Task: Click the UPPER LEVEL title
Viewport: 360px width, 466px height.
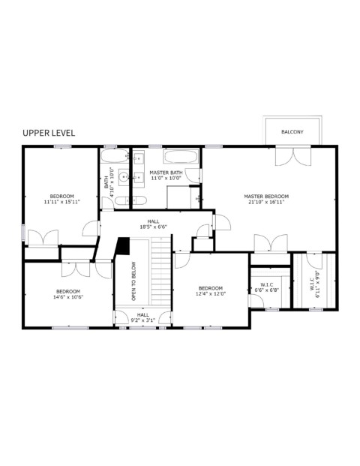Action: pos(49,133)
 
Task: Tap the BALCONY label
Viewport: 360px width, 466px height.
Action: pos(292,131)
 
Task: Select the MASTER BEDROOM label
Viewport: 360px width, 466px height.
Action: pos(266,196)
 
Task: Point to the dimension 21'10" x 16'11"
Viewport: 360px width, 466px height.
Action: pos(266,202)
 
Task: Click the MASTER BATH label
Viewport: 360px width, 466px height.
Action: pos(166,173)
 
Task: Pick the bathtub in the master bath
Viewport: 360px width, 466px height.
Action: pos(181,156)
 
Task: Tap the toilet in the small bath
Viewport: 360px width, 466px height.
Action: pos(121,201)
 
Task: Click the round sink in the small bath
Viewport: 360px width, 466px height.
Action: pos(124,177)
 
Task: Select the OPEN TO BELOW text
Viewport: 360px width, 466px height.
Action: pos(133,281)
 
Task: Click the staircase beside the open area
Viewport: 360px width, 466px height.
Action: pos(161,271)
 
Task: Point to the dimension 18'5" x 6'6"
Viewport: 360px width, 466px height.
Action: pos(154,227)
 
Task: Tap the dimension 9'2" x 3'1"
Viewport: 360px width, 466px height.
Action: pos(143,320)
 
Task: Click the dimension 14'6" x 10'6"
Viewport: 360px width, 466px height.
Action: pos(68,297)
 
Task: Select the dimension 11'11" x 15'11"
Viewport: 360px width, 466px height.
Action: pos(61,202)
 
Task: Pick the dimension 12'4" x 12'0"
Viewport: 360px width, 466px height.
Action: pos(211,293)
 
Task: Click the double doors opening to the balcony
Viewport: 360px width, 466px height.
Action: pos(293,156)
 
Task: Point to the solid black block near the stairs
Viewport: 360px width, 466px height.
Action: pos(123,246)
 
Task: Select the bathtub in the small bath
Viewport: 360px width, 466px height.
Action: pos(115,156)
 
